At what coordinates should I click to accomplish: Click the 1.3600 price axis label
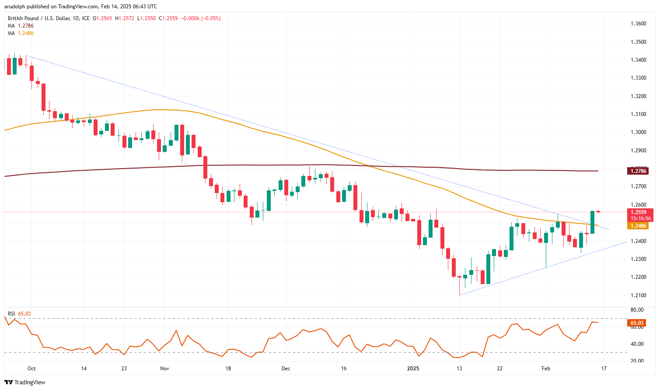tap(638, 24)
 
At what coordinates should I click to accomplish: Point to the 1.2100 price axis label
tap(638, 295)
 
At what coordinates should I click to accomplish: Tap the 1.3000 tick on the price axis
tap(638, 132)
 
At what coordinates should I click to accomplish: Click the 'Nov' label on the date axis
tap(164, 369)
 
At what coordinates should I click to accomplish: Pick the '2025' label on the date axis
tap(413, 369)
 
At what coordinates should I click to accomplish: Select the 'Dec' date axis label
tap(286, 369)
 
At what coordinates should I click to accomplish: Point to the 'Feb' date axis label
tap(546, 369)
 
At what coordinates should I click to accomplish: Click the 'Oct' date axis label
tap(31, 369)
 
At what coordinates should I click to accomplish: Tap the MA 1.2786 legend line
tap(21, 26)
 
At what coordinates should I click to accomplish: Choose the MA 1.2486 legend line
tap(21, 33)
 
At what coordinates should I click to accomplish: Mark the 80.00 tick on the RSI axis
tap(637, 310)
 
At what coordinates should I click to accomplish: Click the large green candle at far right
tap(593, 222)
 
